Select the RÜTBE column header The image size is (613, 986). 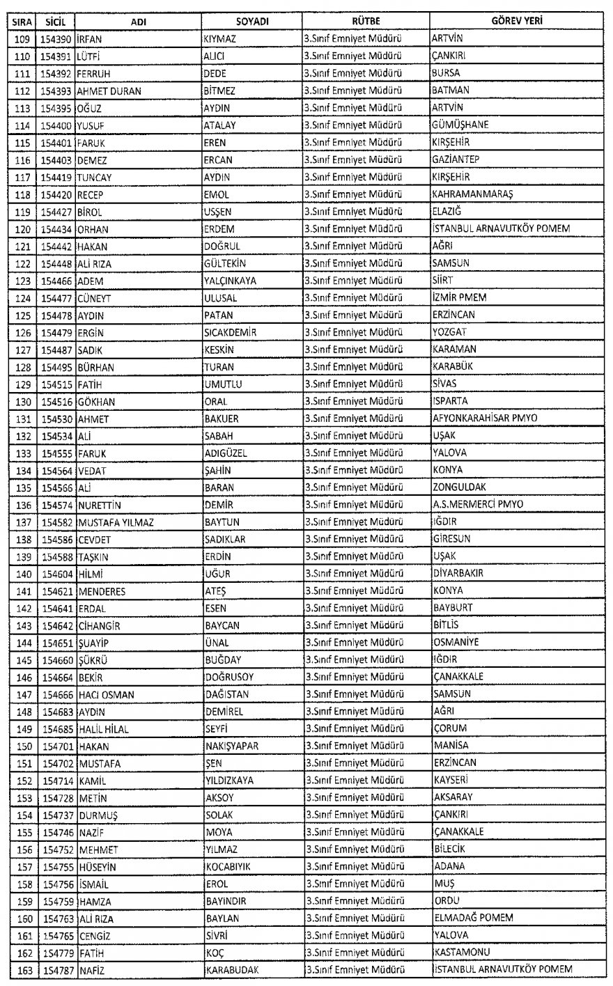coord(365,22)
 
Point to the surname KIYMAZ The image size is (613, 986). coord(219,38)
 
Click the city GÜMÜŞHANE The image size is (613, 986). coord(460,125)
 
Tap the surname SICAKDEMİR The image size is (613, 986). coord(230,332)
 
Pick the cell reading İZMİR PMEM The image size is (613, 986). coord(459,297)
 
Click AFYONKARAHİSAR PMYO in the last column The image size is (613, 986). coord(488,418)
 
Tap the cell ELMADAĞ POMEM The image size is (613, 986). coord(472,918)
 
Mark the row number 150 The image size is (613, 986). coord(23,745)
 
